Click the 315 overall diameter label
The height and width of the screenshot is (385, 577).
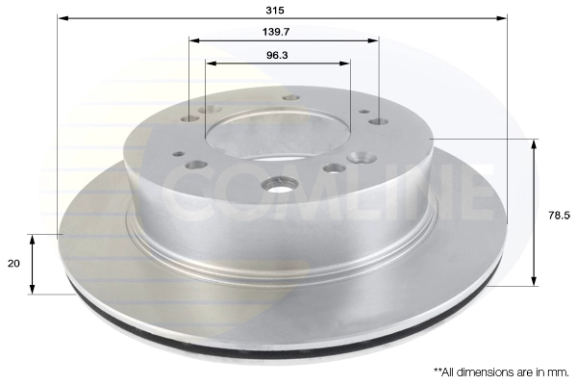(275, 11)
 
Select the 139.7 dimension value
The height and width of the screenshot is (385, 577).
(276, 32)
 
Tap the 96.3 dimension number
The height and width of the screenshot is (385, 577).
(277, 55)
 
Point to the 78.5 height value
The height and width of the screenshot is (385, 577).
(559, 216)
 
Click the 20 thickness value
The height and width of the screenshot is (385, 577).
(13, 264)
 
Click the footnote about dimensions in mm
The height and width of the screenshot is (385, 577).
(501, 372)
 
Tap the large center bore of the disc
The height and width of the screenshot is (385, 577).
(278, 135)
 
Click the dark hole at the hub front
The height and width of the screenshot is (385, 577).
(281, 185)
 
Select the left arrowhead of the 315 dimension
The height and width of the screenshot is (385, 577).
(63, 18)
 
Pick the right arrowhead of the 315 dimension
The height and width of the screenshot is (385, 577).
(502, 18)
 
